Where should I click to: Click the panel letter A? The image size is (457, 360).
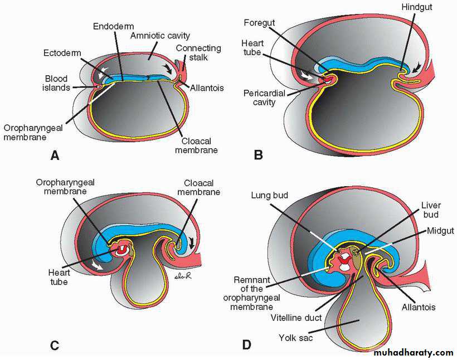(x=55, y=155)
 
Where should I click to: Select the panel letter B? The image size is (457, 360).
(x=258, y=155)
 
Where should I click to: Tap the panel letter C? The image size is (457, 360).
(x=55, y=345)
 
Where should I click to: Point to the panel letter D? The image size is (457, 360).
(x=247, y=345)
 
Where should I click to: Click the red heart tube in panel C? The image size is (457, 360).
(x=120, y=250)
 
